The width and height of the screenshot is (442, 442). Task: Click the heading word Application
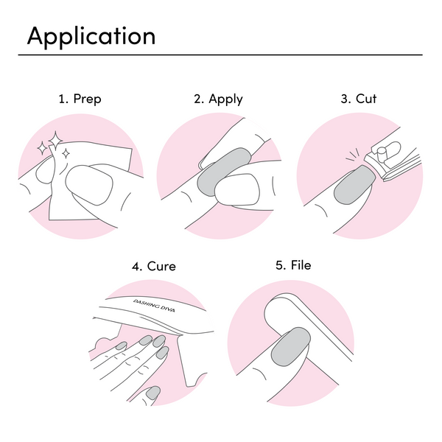(x=91, y=36)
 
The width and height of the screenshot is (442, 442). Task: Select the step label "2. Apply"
(x=219, y=99)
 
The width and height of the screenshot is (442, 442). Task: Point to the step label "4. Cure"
(x=154, y=266)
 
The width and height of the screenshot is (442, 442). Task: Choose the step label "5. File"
(x=293, y=265)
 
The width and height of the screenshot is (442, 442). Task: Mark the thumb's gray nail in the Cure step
(x=152, y=394)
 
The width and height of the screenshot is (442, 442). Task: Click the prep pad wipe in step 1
(x=88, y=173)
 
